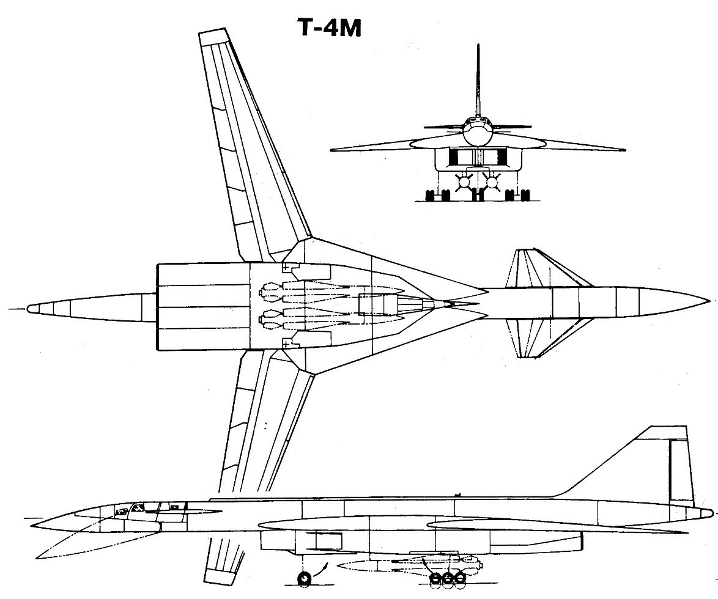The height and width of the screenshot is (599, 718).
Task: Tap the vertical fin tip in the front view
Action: tap(478, 45)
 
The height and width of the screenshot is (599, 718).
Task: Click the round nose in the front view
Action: tap(476, 131)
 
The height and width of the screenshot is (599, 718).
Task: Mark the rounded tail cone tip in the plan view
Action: tap(29, 309)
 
